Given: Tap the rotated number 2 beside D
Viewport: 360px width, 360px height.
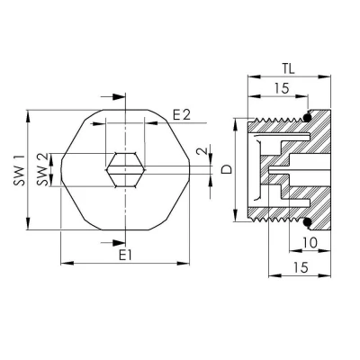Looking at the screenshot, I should (203, 151).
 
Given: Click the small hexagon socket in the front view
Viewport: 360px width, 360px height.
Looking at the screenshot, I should (122, 166).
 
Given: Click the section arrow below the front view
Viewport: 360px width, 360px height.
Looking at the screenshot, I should (116, 238).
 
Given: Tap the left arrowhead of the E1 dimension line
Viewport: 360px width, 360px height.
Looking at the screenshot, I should (64, 264).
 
